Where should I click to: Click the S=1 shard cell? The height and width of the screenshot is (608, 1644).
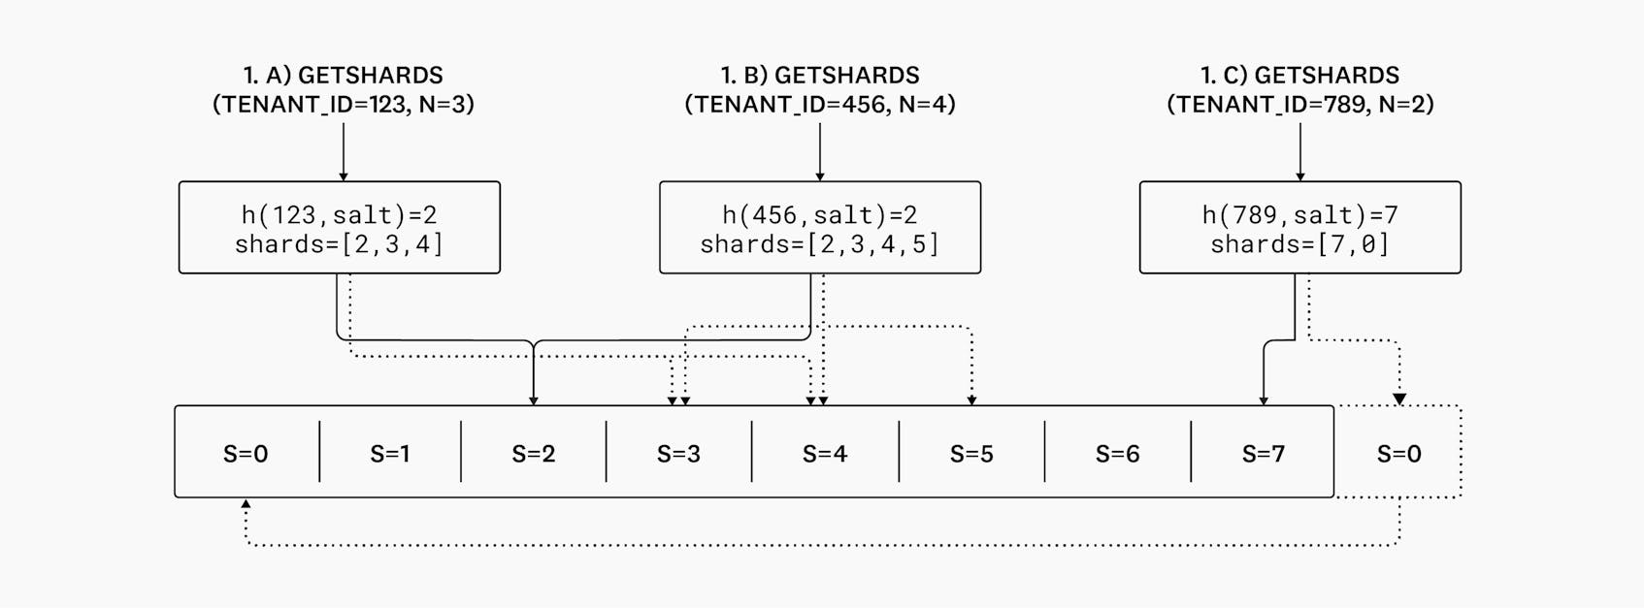[389, 453]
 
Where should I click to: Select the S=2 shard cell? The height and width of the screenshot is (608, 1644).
[533, 453]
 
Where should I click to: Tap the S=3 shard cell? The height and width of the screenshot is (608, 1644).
[678, 453]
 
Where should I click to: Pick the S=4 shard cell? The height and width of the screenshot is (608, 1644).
[825, 453]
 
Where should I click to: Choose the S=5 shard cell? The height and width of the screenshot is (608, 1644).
[971, 453]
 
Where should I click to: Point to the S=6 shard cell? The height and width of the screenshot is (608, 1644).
[1117, 453]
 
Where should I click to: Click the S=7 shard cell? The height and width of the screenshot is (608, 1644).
[1263, 453]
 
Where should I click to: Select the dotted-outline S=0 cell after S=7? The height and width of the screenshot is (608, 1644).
[1398, 453]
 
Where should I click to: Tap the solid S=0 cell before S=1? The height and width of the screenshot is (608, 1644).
[246, 453]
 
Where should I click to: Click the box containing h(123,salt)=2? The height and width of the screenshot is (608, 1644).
[339, 228]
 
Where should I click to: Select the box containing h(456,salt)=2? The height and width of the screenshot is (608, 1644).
[819, 228]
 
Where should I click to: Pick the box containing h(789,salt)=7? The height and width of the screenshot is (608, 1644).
[1299, 228]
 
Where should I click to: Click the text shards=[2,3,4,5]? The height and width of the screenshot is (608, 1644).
[819, 243]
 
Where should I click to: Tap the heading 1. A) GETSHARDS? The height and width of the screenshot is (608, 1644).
[343, 75]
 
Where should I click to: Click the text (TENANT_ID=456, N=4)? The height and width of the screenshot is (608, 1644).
[820, 104]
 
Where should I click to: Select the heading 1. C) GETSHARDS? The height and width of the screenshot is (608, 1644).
[1299, 75]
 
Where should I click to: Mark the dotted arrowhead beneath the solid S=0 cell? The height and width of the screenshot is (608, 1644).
[246, 504]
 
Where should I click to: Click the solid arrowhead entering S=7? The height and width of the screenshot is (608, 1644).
[1263, 400]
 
